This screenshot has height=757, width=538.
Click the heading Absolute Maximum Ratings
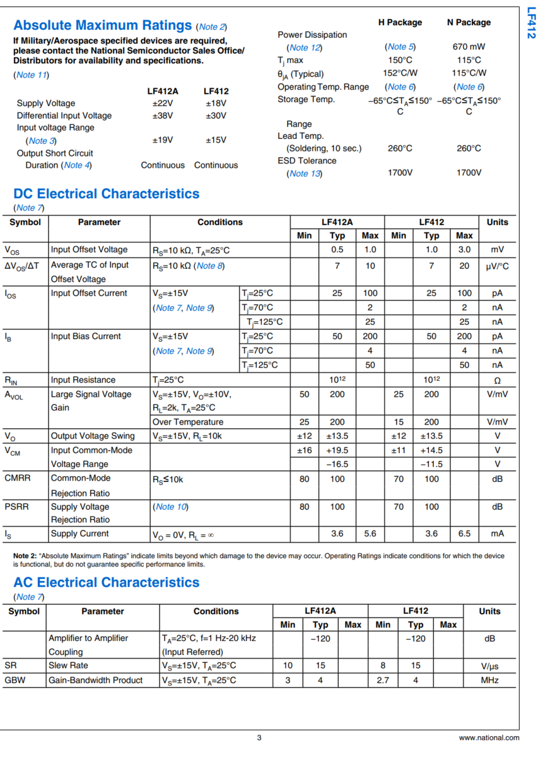[x=102, y=26]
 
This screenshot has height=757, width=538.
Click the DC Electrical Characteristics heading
[x=106, y=194]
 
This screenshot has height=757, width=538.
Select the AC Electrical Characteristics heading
[x=106, y=582]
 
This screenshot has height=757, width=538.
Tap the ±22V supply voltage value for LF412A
[x=162, y=103]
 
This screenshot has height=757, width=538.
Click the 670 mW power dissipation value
[x=469, y=47]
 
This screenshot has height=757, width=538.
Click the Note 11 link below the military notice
[x=31, y=75]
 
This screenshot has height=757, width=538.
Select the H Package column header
[x=400, y=22]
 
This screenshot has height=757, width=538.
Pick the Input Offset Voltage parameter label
[x=89, y=250]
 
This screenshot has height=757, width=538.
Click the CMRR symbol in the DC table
[x=18, y=478]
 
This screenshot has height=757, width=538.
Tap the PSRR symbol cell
[x=17, y=507]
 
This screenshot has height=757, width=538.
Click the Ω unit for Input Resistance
[x=497, y=380]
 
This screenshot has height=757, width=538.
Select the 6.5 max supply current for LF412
[x=464, y=534]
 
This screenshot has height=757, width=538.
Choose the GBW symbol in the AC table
[x=15, y=680]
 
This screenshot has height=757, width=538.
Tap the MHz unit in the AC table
[x=489, y=680]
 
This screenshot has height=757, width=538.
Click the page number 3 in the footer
[x=259, y=737]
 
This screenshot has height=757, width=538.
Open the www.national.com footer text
[x=489, y=737]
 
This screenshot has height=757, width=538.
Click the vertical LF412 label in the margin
[x=530, y=23]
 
